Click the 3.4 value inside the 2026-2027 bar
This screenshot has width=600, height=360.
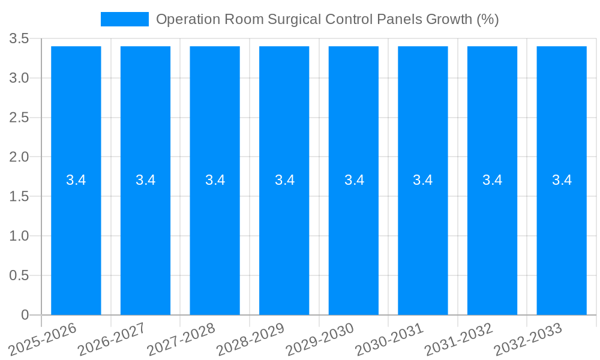(146, 180)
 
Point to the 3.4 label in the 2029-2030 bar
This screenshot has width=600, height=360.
(354, 180)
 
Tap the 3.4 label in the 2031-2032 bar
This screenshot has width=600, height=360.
(493, 180)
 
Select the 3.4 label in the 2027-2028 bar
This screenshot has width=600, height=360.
(215, 180)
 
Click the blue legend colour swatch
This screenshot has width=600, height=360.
(125, 19)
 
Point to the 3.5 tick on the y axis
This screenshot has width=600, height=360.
(19, 39)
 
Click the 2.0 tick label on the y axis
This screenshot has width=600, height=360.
(19, 157)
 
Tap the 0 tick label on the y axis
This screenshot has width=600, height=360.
(25, 315)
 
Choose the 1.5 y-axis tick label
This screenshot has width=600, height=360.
(19, 197)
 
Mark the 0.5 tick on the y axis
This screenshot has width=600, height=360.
(19, 275)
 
